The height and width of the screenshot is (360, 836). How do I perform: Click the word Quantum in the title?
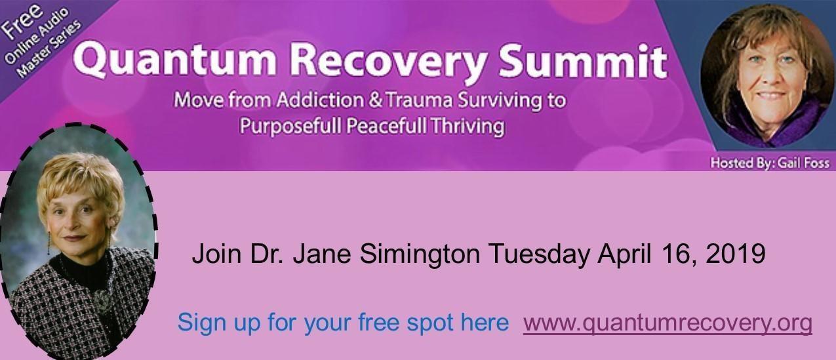click(x=174, y=60)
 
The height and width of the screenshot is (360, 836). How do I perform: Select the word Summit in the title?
click(x=583, y=60)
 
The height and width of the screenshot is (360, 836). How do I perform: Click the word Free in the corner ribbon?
click(x=22, y=22)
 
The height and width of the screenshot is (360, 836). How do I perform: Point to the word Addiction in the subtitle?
click(x=320, y=100)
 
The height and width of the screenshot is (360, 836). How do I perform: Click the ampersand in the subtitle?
click(x=375, y=100)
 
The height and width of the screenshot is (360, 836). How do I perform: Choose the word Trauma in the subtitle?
click(x=419, y=100)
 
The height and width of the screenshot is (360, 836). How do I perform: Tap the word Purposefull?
click(x=290, y=126)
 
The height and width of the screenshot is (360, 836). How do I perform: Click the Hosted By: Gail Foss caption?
click(x=770, y=163)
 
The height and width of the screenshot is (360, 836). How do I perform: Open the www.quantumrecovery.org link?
click(x=667, y=323)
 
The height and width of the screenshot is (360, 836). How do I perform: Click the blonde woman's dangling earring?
click(x=49, y=243)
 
